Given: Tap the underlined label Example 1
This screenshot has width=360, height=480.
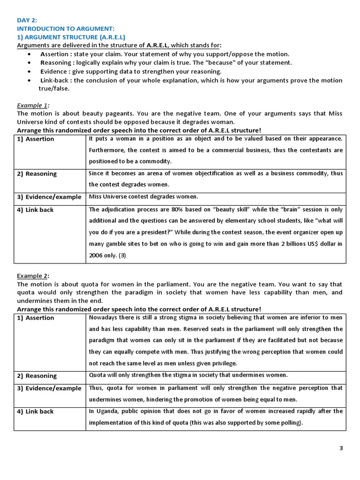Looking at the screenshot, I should [x=32, y=105].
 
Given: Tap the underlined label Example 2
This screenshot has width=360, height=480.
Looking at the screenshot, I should [x=32, y=276].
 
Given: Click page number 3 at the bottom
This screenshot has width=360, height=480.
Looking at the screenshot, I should [x=341, y=448].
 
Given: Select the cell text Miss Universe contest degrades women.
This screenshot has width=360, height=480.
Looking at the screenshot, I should [x=143, y=196].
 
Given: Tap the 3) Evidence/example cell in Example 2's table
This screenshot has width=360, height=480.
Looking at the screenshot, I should [x=49, y=389].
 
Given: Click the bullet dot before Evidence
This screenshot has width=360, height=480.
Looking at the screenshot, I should [x=30, y=71].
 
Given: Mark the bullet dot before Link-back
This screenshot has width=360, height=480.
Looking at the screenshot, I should [x=30, y=80].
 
